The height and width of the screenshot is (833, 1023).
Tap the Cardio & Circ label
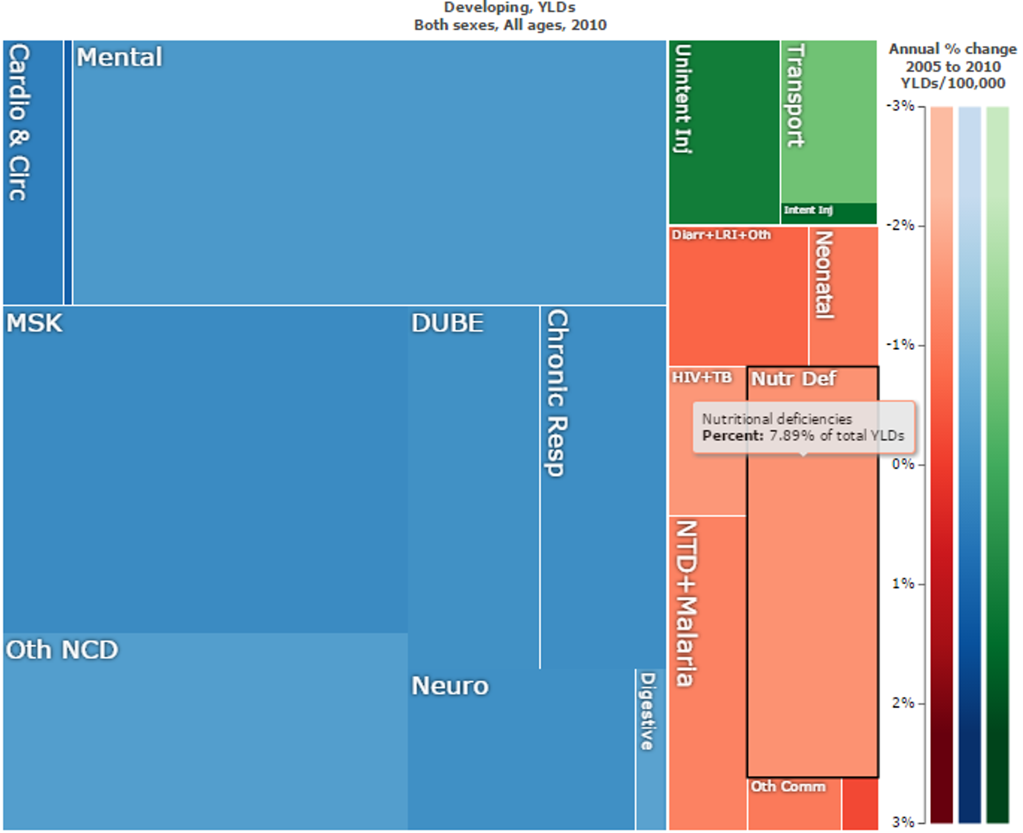coord(19,122)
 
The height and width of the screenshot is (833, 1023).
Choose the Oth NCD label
coord(62,650)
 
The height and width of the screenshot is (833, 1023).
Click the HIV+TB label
coord(702,378)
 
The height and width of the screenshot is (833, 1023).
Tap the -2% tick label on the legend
coord(900,225)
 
